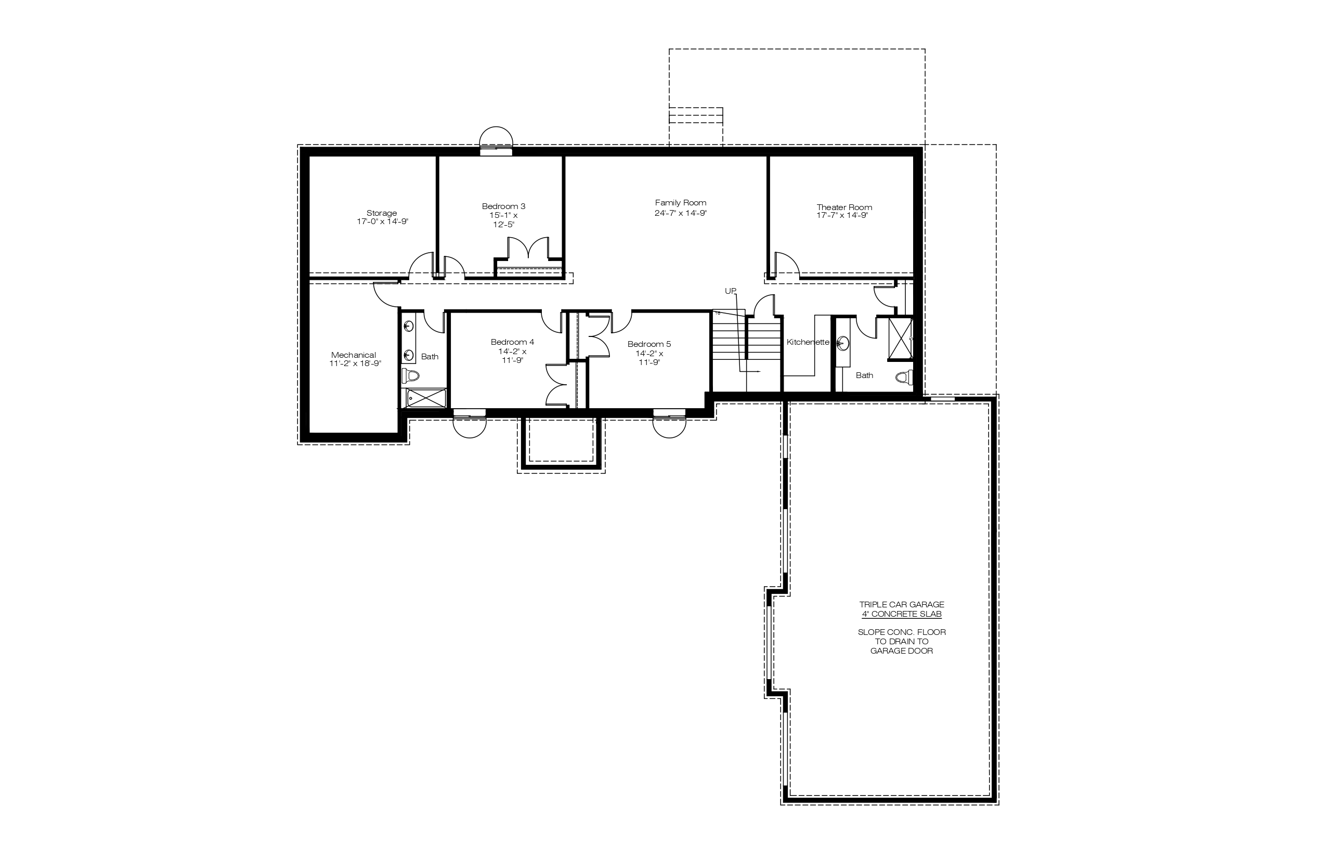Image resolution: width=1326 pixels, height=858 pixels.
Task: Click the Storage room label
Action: pos(382,213)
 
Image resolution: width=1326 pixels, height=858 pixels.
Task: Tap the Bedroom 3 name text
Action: pos(504,206)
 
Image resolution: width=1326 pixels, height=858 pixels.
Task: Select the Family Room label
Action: pos(680,203)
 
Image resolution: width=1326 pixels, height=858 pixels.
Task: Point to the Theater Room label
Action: pos(844,207)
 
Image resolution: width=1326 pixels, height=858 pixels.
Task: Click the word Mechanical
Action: pos(354,355)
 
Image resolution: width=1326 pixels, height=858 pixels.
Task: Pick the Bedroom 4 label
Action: pos(513,342)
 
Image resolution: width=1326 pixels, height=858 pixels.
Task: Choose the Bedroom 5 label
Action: pos(649,344)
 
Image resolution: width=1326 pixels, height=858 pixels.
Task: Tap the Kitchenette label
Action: pos(808,342)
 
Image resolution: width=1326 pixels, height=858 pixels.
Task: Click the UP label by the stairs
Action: pos(731,291)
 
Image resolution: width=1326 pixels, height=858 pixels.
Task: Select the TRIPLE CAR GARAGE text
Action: pos(902,604)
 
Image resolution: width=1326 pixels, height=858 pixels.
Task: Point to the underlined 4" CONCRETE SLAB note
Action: pos(902,614)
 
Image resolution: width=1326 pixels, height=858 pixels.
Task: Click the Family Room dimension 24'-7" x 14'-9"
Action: pos(680,213)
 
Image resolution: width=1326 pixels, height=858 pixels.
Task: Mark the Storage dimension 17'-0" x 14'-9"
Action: pos(382,221)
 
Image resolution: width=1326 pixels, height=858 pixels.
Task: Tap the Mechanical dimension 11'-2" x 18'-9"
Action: pos(355,363)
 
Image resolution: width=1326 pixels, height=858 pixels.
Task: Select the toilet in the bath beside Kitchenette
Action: pos(904,378)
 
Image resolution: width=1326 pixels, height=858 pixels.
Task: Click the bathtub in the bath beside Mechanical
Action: pos(426,398)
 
